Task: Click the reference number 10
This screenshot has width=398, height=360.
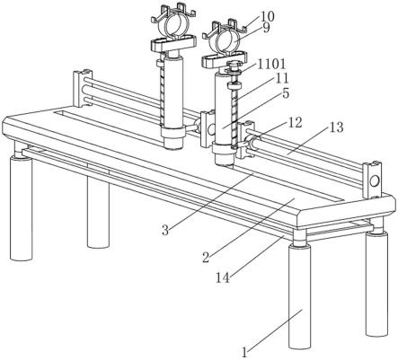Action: pyautogui.click(x=267, y=16)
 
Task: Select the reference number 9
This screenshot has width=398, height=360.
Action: pyautogui.click(x=267, y=28)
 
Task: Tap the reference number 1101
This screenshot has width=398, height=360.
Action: pyautogui.click(x=271, y=64)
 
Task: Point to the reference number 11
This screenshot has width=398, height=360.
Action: pyautogui.click(x=281, y=79)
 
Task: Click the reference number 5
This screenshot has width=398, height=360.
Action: pyautogui.click(x=286, y=93)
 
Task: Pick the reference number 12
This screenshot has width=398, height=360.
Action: pyautogui.click(x=295, y=123)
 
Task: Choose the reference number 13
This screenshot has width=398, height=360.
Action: pyautogui.click(x=336, y=127)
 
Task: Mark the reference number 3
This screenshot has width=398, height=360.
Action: pyautogui.click(x=165, y=230)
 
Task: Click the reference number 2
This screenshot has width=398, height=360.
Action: pyautogui.click(x=206, y=257)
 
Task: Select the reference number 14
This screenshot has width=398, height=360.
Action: pyautogui.click(x=223, y=278)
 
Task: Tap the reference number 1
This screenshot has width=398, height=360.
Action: pyautogui.click(x=245, y=352)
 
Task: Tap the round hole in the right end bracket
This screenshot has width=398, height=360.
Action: pyautogui.click(x=374, y=180)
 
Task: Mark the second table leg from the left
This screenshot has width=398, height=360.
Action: pyautogui.click(x=98, y=212)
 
